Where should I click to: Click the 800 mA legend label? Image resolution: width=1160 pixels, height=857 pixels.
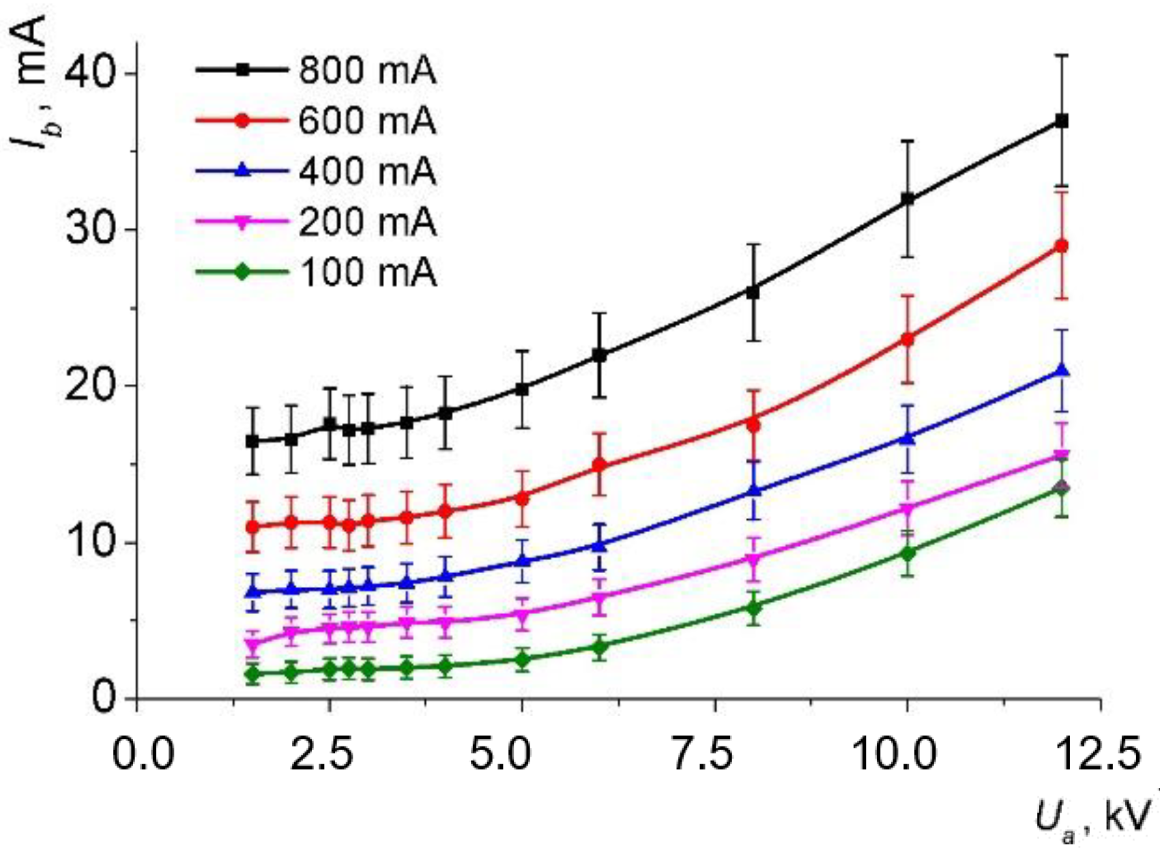(x=367, y=70)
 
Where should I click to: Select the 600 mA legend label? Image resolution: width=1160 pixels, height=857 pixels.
(x=367, y=121)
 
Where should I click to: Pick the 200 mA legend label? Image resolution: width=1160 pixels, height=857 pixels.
(x=367, y=222)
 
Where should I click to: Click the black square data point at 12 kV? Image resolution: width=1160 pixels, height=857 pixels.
(x=1062, y=121)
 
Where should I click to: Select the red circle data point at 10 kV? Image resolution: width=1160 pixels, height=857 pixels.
(x=908, y=339)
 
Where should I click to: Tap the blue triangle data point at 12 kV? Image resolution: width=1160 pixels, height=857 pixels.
(x=1062, y=371)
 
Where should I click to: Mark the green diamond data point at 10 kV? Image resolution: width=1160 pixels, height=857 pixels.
(x=908, y=553)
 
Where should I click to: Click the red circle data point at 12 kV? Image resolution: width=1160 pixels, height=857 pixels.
(x=1062, y=246)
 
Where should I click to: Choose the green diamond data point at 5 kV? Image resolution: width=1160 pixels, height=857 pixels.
(x=523, y=660)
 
